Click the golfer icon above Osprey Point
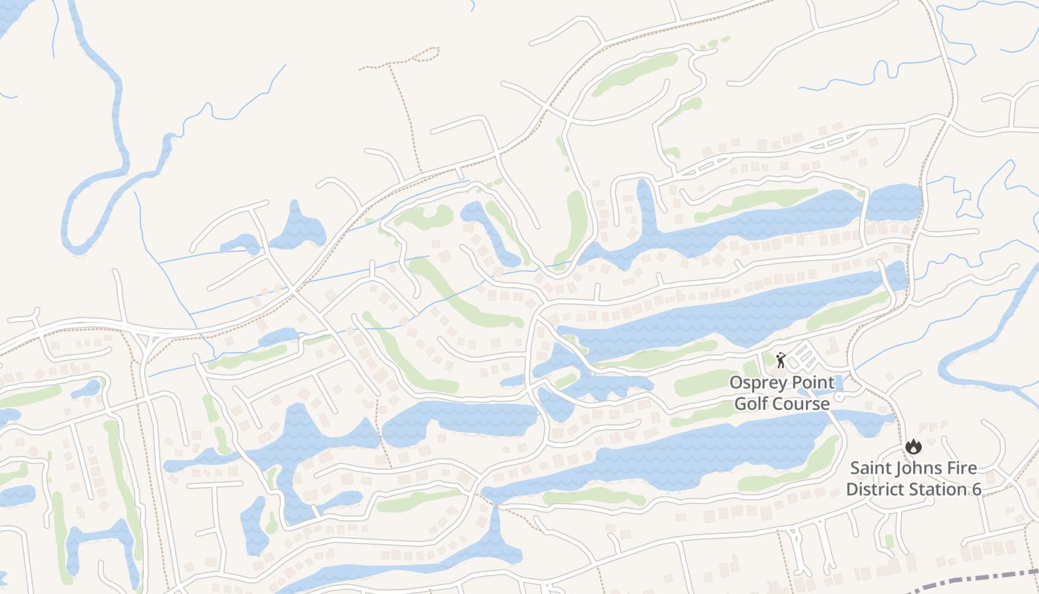(x=780, y=361)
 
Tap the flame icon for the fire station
(x=912, y=446)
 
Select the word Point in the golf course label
(x=812, y=382)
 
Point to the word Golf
(x=752, y=404)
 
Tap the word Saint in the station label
(x=871, y=469)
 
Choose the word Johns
(x=919, y=469)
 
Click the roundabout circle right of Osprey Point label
(x=839, y=397)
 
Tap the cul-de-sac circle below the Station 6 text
(x=929, y=501)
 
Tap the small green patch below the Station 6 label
(x=889, y=541)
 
